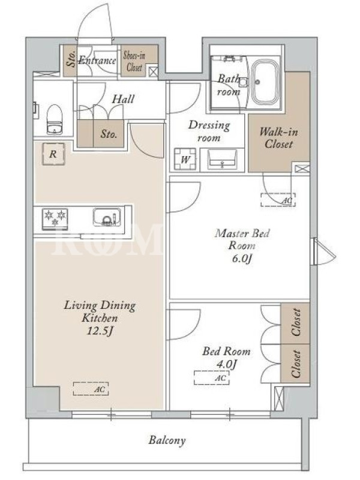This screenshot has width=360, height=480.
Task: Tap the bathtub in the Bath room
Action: coord(265,82)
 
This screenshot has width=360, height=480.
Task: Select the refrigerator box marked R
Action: coord(53,154)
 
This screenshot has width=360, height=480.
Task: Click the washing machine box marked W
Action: coord(185,159)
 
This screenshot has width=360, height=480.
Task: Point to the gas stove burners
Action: coord(55,218)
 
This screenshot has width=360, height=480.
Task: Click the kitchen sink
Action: coord(107,217)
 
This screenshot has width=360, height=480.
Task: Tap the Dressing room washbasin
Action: coord(222,159)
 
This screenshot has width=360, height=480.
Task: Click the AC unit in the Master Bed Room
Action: coord(278,200)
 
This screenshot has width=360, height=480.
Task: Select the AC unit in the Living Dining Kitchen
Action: coord(91,388)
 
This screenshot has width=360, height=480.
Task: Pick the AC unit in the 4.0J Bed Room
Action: coord(212,377)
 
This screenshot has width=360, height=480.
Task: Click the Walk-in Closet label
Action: coord(278,138)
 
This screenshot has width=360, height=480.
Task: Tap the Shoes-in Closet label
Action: coord(134,61)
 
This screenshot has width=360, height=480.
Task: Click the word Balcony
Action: coord(167,440)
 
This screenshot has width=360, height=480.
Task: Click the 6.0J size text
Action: coord(242,259)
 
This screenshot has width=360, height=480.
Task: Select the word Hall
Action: coord(123,99)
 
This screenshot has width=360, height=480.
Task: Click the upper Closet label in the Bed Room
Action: coord(296,322)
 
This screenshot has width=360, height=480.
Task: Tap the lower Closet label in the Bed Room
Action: coord(296,364)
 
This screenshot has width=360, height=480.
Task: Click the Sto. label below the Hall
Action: coord(109,134)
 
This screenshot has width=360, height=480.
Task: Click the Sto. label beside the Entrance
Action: coord(71,59)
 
